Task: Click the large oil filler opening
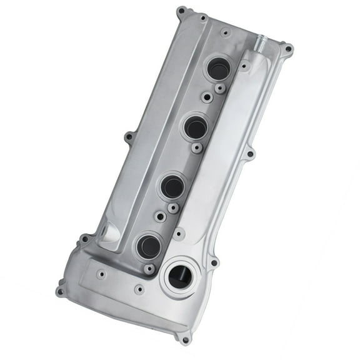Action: pyautogui.click(x=180, y=277)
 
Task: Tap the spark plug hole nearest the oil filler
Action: pyautogui.click(x=148, y=246)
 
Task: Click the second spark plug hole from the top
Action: pyautogui.click(x=195, y=127)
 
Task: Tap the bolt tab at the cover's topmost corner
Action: pyautogui.click(x=182, y=11)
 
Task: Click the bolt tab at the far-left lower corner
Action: pyautogui.click(x=61, y=291)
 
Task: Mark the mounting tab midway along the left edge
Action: pyautogui.click(x=128, y=136)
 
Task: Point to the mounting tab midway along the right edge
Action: pyautogui.click(x=250, y=153)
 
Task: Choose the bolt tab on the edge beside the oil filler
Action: pyautogui.click(x=214, y=262)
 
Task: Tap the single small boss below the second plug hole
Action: pyautogui.click(x=197, y=148)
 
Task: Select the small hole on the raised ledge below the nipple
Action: pyautogui.click(x=246, y=65)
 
